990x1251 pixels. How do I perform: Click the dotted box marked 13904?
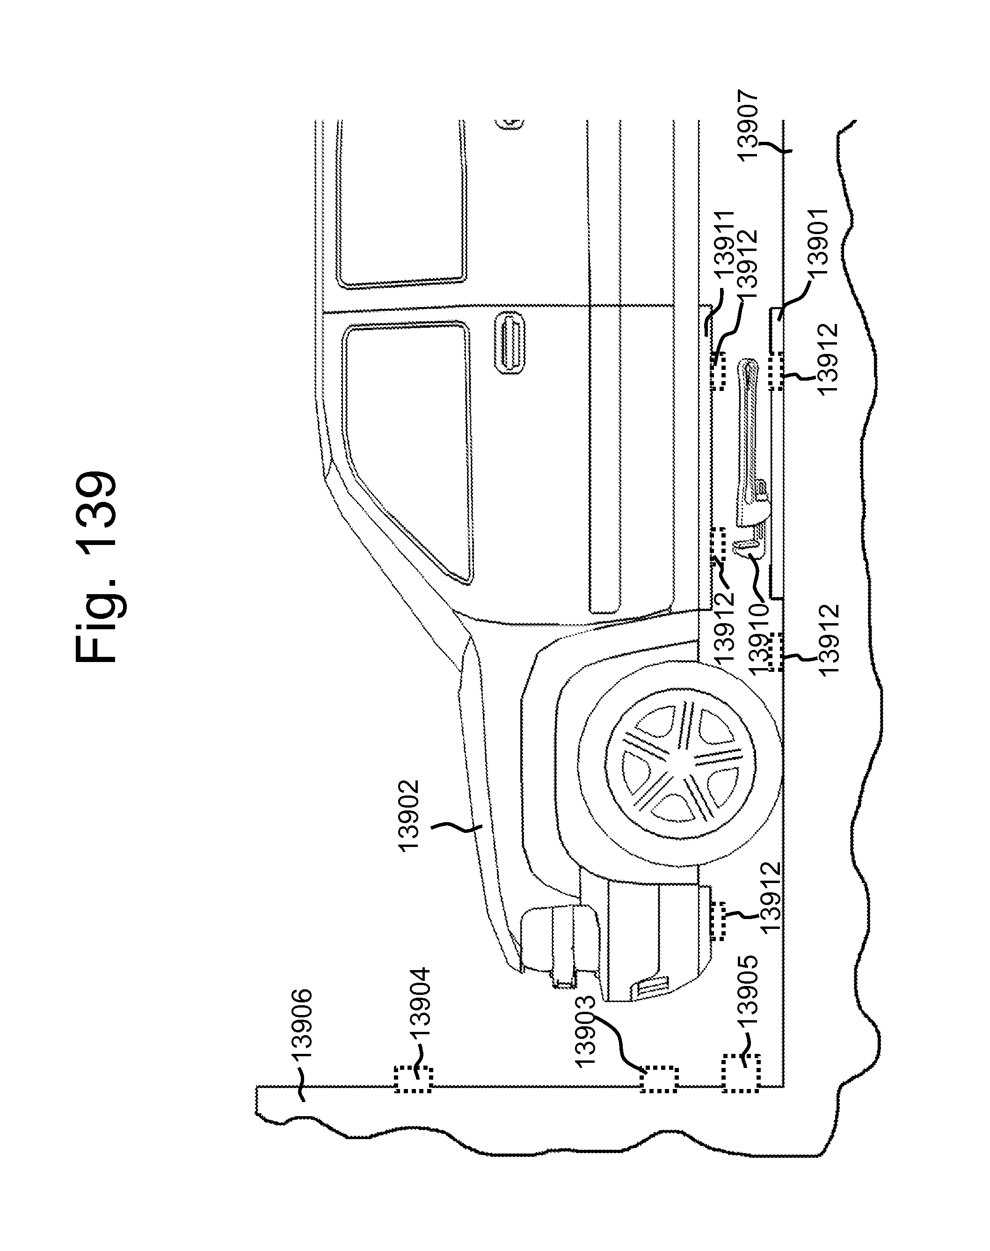pos(413,1079)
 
